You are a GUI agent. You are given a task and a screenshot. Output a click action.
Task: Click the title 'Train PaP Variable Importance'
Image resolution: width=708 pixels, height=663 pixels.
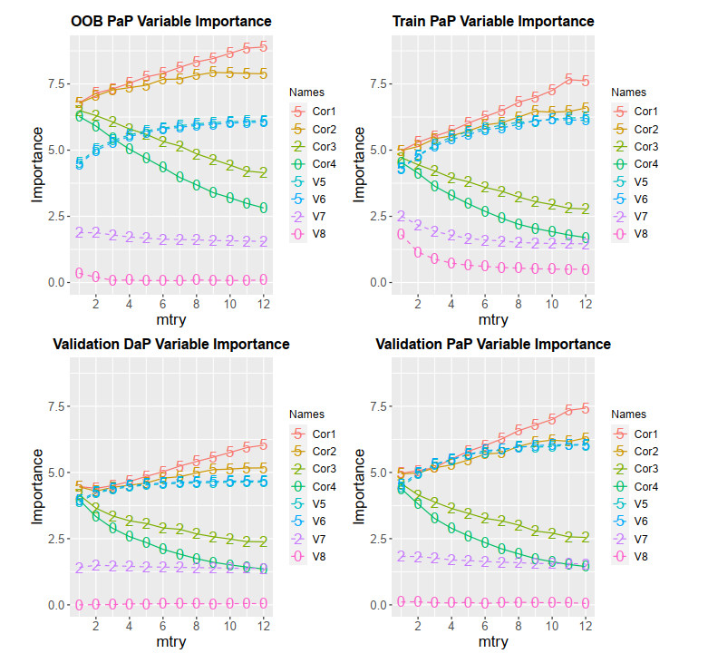[493, 21]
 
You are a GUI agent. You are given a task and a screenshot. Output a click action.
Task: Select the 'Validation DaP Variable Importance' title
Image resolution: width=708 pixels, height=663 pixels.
[170, 344]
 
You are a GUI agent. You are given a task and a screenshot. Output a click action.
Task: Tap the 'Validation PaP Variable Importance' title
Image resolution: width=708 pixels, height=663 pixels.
[493, 344]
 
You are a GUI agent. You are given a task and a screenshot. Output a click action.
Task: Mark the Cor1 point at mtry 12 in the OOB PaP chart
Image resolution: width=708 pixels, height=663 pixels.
[262, 46]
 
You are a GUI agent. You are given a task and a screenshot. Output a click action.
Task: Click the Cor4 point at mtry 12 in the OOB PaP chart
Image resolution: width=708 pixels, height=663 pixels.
[262, 208]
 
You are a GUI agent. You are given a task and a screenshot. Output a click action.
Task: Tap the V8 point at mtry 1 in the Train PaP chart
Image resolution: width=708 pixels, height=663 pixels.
[401, 235]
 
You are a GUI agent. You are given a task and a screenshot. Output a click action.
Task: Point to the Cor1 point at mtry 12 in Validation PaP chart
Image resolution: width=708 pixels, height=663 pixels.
[585, 408]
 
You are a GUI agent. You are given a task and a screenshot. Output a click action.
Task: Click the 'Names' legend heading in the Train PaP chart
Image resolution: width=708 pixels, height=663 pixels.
[626, 92]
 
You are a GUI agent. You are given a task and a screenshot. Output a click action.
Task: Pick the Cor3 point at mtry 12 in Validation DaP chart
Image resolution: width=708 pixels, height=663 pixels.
[262, 541]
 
